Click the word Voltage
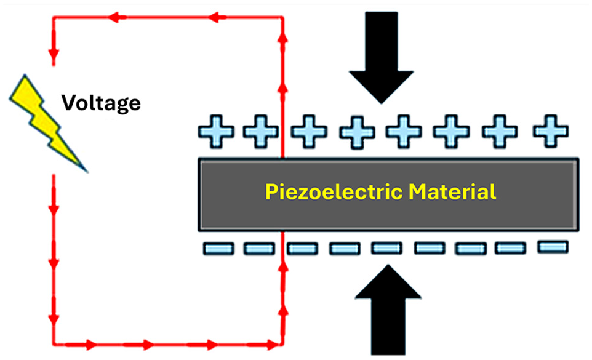pyautogui.click(x=101, y=103)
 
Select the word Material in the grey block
pyautogui.click(x=452, y=191)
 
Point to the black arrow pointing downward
pyautogui.click(x=382, y=57)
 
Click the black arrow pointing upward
pyautogui.click(x=388, y=310)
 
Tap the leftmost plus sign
pyautogui.click(x=216, y=132)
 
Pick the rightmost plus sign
pyautogui.click(x=551, y=131)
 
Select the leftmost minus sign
pyautogui.click(x=218, y=249)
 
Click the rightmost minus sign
pyautogui.click(x=553, y=247)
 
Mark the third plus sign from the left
pyautogui.click(x=309, y=132)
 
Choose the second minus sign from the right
pyautogui.click(x=510, y=248)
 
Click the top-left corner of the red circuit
pyautogui.click(x=54, y=17)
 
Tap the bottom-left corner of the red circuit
pyautogui.click(x=54, y=344)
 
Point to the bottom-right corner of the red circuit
pyautogui.click(x=282, y=344)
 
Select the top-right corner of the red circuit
pyautogui.click(x=282, y=17)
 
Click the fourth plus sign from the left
pyautogui.click(x=357, y=132)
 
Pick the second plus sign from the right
pyautogui.click(x=500, y=132)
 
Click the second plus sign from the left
pyautogui.click(x=261, y=132)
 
